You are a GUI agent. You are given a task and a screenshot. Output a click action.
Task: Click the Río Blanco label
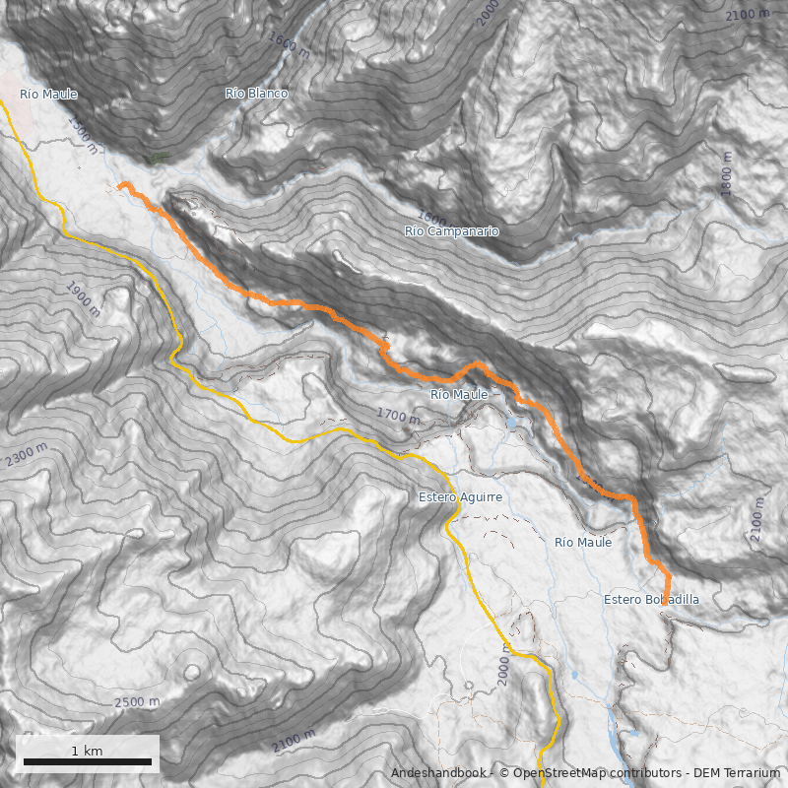point(256,94)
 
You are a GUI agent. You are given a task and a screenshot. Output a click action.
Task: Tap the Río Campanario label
point(451,231)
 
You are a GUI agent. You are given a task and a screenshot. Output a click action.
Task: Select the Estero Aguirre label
point(460,497)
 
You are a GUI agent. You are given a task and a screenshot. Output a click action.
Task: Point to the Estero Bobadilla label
point(651,599)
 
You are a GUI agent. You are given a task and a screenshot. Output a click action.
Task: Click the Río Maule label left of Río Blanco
point(48,95)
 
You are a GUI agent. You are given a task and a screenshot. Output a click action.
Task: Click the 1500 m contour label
point(83,135)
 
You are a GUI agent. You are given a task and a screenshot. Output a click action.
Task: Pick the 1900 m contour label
point(83,298)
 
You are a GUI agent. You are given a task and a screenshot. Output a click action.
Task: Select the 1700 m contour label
point(398,417)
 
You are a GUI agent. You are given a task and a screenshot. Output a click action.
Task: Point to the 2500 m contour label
point(137,702)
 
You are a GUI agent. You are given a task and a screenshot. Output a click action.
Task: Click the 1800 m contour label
point(730,173)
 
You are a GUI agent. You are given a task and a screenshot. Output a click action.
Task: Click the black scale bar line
point(88,761)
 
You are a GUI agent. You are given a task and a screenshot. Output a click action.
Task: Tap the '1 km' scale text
point(87,751)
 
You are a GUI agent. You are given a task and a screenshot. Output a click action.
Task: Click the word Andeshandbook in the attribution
point(437,773)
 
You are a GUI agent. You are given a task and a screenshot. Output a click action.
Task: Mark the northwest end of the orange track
point(120,184)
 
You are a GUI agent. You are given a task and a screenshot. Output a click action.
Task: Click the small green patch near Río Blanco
point(158,156)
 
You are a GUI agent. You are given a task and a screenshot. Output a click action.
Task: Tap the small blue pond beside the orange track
point(510,423)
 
